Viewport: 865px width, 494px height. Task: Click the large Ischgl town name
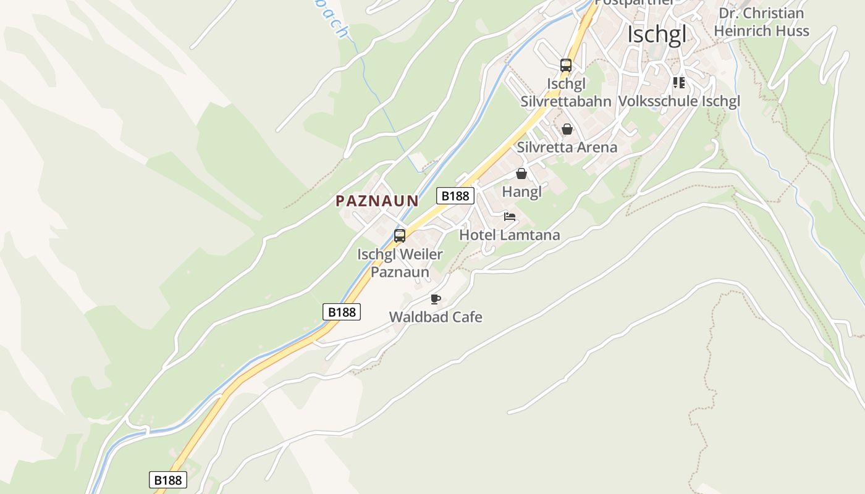(656, 35)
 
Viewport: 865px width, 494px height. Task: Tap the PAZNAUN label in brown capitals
(377, 201)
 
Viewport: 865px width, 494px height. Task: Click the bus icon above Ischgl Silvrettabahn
(565, 65)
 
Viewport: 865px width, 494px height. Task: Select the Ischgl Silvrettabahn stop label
(565, 93)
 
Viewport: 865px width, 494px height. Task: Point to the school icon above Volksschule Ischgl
(678, 82)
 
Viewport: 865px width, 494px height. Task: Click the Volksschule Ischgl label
(678, 101)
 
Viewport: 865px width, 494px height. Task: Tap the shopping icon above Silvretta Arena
(567, 129)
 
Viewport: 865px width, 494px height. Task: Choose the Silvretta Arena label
(567, 147)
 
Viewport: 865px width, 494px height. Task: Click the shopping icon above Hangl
(521, 174)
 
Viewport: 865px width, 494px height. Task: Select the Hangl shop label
(521, 191)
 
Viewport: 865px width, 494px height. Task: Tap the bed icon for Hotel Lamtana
(509, 217)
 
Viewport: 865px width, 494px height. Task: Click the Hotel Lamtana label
(509, 235)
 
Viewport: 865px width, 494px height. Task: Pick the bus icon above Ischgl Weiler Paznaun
(400, 235)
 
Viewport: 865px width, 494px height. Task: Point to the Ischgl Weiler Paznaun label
(400, 263)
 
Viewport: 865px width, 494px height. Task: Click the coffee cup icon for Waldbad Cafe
(436, 299)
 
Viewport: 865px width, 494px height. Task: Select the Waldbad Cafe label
(436, 317)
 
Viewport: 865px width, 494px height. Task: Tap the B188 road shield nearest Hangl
(455, 196)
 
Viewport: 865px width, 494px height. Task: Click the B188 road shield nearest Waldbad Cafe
(342, 312)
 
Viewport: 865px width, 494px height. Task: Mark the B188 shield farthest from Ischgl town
(168, 480)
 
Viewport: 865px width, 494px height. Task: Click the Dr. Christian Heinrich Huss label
(761, 22)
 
